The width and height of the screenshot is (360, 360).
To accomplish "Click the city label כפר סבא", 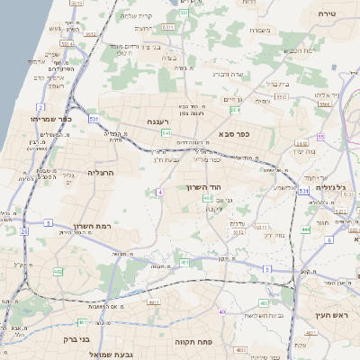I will point(233,132).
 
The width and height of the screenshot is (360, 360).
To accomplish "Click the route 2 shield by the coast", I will point(41,106).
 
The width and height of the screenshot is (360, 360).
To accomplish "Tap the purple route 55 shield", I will point(319,137).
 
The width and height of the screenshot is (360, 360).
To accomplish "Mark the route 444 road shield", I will point(305,229).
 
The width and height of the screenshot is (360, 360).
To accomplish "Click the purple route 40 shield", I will point(222,311).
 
